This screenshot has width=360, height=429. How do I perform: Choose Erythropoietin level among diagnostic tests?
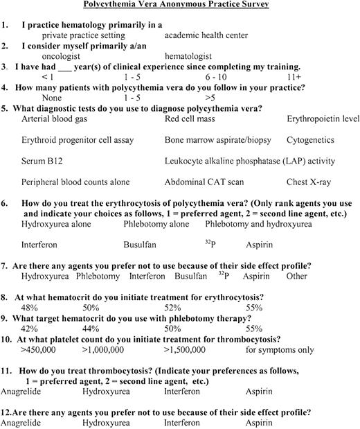323,119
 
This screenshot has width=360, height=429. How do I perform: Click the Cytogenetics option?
310,140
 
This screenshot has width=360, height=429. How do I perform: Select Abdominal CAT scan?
201,182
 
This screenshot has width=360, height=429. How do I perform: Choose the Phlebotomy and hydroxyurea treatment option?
255,225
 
